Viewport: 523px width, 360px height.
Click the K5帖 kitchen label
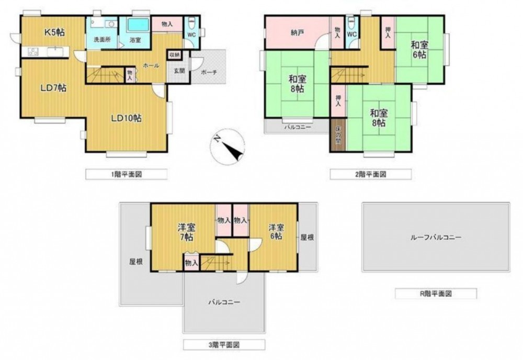[55, 32]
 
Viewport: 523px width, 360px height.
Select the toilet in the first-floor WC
[191, 24]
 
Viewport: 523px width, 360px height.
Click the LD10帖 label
[126, 118]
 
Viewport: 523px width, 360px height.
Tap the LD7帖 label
[53, 88]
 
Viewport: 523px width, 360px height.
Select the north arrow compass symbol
[228, 147]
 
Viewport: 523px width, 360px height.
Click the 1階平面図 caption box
[127, 174]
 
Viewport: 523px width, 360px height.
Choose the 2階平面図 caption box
[371, 174]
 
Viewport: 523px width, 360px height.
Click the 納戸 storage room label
[297, 33]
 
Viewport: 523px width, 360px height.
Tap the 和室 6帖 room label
[419, 49]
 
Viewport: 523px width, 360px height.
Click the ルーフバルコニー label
[436, 238]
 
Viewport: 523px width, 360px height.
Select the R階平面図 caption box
[436, 294]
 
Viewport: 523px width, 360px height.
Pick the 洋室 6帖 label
[277, 232]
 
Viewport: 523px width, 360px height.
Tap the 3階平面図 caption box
[224, 345]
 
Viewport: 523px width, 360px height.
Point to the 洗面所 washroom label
[102, 40]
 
